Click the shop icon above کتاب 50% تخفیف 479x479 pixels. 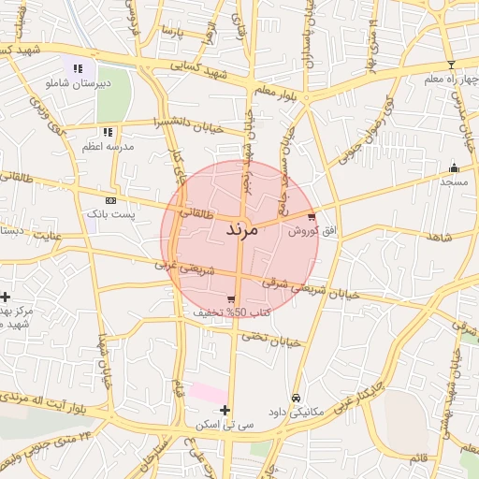231,299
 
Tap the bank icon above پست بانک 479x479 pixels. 111,200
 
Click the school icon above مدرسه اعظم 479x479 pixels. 109,132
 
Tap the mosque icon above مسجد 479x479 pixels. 455,168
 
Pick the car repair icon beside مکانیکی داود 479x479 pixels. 297,398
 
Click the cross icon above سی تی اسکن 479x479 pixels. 225,410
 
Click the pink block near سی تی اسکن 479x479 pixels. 209,393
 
